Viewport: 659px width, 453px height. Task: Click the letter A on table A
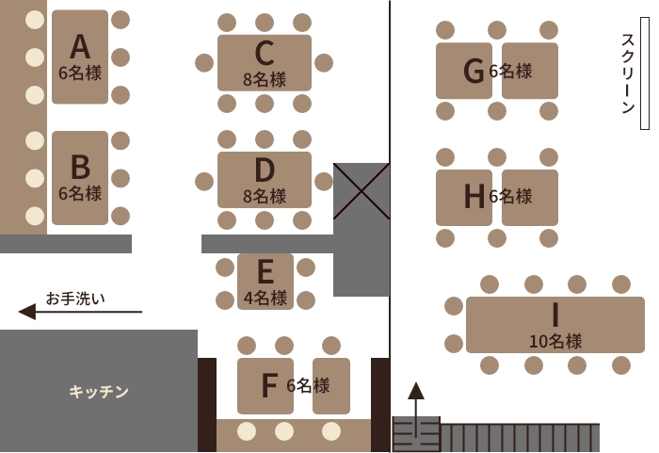pos(80,47)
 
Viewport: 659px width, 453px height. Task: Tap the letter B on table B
pos(80,167)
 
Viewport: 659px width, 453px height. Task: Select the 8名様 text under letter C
pos(265,79)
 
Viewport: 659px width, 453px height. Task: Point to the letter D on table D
pos(265,170)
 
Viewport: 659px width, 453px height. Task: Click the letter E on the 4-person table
pos(265,272)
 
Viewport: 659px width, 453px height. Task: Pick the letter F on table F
pos(269,385)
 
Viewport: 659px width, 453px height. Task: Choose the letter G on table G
pos(474,71)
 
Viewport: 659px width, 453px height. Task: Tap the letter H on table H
pos(474,196)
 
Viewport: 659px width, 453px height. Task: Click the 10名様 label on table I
pos(555,341)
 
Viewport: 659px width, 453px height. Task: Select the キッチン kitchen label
pos(99,392)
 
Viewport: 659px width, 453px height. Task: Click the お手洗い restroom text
pos(75,299)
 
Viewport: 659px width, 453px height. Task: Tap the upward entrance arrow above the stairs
pos(416,410)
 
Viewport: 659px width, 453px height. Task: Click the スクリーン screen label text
pos(628,73)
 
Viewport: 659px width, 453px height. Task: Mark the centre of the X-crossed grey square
pos(362,191)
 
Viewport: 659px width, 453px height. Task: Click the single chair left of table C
pos(204,63)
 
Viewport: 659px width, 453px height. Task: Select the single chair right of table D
pos(324,181)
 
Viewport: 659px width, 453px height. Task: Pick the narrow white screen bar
pos(644,73)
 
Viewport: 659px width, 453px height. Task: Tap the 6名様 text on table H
pos(510,196)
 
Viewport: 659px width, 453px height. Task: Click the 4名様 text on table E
pos(265,299)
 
